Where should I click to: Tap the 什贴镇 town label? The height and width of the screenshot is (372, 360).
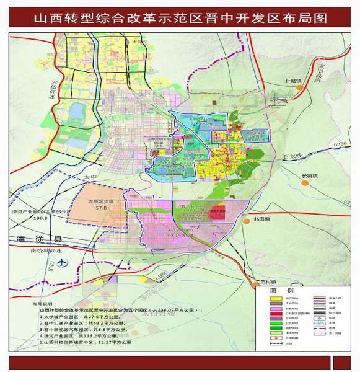click(293, 81)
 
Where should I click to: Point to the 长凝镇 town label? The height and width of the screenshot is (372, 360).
click(309, 175)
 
